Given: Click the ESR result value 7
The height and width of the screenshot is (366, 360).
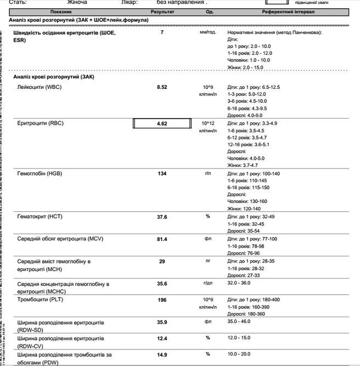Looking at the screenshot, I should (162, 33).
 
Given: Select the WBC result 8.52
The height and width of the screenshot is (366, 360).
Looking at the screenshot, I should (162, 88).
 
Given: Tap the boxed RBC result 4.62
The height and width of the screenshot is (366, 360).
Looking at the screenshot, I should (162, 124).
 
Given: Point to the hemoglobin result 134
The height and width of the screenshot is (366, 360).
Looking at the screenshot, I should (162, 174).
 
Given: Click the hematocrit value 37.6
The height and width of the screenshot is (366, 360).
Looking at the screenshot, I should (162, 217).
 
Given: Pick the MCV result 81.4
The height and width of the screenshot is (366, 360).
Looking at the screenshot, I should (162, 239).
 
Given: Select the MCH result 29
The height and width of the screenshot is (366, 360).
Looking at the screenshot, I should (162, 262).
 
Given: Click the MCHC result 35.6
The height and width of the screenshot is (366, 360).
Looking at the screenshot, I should (162, 284).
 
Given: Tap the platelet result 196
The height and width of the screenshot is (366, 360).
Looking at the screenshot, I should (162, 300).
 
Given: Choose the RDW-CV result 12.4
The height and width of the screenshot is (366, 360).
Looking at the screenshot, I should (162, 338).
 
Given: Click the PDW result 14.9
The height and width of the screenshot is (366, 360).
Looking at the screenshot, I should (162, 355).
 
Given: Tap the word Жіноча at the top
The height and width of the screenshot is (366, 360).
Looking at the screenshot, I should (77, 3).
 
